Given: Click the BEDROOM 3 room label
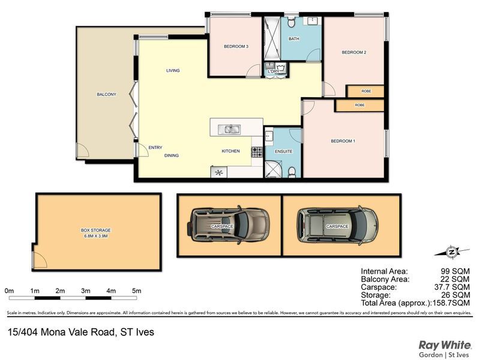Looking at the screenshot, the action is click(x=236, y=47).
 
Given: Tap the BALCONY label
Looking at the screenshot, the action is click(x=107, y=94).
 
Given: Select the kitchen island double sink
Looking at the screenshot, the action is click(x=229, y=130).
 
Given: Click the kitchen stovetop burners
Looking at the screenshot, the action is click(x=257, y=152).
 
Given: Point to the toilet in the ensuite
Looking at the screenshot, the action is click(x=292, y=172).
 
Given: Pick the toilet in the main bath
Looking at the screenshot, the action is click(x=291, y=22).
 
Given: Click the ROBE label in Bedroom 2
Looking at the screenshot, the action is click(x=366, y=91).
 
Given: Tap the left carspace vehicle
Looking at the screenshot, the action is click(x=229, y=226).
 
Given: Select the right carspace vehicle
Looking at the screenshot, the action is click(x=337, y=226).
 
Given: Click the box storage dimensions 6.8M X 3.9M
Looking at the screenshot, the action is click(x=96, y=236).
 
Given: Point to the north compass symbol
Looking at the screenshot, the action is click(x=452, y=252).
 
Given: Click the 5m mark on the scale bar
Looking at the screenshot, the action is click(x=137, y=291).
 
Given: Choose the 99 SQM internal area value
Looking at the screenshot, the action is click(x=455, y=271).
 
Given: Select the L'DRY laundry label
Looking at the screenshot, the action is click(x=274, y=71).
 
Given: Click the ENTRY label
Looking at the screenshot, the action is click(x=155, y=148).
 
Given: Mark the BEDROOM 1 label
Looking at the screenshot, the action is click(x=343, y=141).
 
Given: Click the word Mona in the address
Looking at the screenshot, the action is click(x=52, y=332).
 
